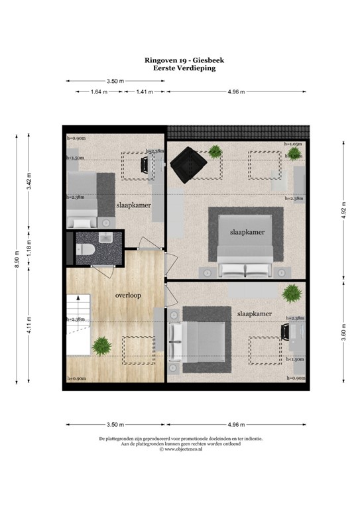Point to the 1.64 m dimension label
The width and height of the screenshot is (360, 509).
point(99,92)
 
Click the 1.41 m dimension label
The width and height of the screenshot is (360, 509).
point(144,92)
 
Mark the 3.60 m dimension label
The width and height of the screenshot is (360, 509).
point(344,331)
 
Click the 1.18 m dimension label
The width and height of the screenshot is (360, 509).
point(29,247)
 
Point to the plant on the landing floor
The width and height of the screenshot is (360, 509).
point(101,345)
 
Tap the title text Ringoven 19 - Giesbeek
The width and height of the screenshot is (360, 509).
point(180,60)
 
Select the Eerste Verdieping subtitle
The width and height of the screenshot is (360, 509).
point(180,68)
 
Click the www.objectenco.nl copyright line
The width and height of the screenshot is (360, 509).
point(180,449)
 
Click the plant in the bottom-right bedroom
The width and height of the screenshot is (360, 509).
point(290,292)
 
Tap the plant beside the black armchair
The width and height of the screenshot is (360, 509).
point(215,150)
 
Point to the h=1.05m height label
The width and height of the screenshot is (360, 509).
point(293,143)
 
